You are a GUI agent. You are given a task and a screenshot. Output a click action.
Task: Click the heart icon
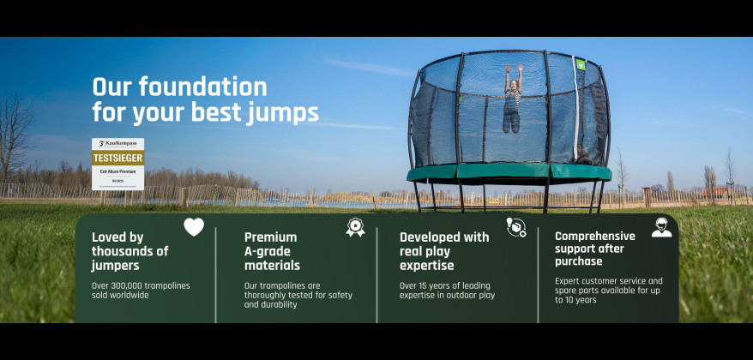(x=194, y=227)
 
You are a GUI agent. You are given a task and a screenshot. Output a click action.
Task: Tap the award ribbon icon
(x=354, y=227)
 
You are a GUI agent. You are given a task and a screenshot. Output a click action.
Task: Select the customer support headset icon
(x=661, y=227)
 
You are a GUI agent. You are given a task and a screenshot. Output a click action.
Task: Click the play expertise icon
(x=515, y=227)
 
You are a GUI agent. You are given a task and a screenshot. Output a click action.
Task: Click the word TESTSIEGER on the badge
(x=117, y=158)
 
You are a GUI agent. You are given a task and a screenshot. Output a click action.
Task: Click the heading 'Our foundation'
(x=179, y=87)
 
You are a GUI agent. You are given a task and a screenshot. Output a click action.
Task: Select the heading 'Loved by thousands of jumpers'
(x=130, y=251)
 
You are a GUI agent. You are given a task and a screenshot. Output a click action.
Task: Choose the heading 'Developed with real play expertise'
(x=444, y=251)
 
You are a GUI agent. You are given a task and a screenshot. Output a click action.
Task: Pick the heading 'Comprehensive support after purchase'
(x=595, y=249)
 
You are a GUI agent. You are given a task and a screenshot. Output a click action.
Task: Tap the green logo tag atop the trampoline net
(x=580, y=63)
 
